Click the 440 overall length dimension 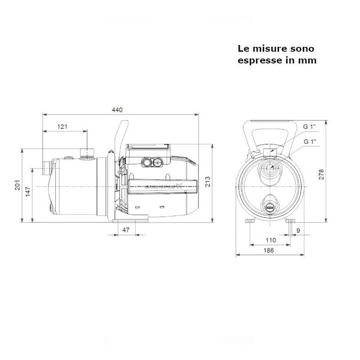point(118,110)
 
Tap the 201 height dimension point(17,184)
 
